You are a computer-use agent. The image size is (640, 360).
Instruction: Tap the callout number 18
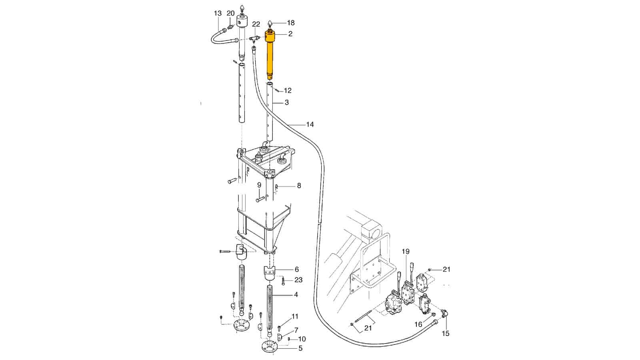tap(291, 23)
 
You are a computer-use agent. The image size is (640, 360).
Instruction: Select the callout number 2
tap(290, 34)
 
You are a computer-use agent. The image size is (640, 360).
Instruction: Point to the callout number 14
tap(310, 124)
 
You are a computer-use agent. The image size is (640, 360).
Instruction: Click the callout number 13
tap(218, 14)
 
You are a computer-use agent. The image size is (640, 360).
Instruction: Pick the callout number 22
tap(256, 24)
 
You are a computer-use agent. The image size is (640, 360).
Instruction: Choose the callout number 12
tap(288, 90)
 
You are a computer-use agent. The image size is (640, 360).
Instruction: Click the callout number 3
tap(287, 102)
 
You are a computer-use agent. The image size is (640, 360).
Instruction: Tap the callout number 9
tap(259, 185)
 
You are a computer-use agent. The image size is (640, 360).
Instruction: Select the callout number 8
tap(299, 186)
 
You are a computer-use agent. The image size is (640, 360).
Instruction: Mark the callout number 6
tap(296, 270)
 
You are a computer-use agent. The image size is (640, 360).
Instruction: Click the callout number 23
tap(298, 280)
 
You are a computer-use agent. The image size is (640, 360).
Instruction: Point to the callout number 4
tap(296, 295)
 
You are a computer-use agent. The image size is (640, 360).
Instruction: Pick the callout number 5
tap(300, 348)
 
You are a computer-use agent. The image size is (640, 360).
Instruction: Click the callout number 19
tap(406, 252)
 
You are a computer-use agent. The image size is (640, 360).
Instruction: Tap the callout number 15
tap(446, 333)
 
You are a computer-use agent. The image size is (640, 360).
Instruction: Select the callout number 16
tap(418, 324)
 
